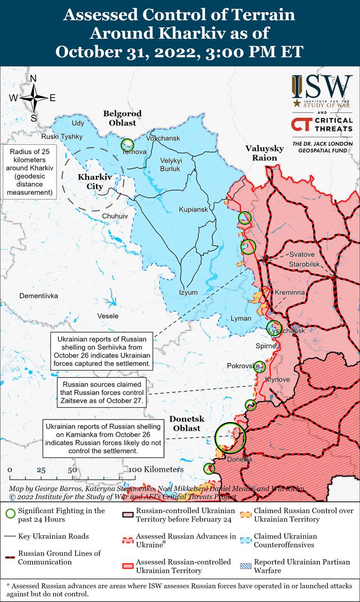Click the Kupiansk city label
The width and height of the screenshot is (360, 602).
click(193, 209)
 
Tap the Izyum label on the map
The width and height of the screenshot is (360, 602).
click(188, 293)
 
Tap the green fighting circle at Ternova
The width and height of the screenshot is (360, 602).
click(127, 144)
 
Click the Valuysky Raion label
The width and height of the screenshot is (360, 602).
click(264, 153)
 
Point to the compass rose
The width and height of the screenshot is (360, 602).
click(33, 98)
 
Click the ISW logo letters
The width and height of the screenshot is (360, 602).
click(322, 87)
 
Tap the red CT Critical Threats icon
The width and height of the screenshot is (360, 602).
click(299, 125)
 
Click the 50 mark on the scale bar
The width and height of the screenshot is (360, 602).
click(72, 470)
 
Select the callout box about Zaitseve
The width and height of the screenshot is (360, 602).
click(102, 393)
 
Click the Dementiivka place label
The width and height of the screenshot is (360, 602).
click(39, 296)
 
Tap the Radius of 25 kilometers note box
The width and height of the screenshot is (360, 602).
click(29, 172)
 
